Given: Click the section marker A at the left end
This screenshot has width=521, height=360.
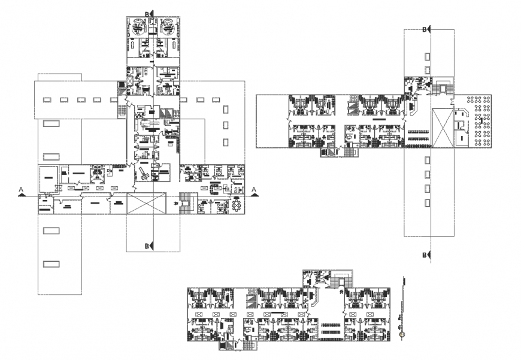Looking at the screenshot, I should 22,191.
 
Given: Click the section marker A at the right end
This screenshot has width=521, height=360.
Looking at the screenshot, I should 255,191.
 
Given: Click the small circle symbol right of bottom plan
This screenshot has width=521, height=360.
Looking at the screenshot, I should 402,333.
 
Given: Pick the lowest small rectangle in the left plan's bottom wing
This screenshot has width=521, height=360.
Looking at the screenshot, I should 52,264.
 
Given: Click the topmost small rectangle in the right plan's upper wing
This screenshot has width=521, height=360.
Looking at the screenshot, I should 427,56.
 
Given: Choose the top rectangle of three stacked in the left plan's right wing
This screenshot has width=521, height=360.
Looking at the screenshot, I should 226,109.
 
